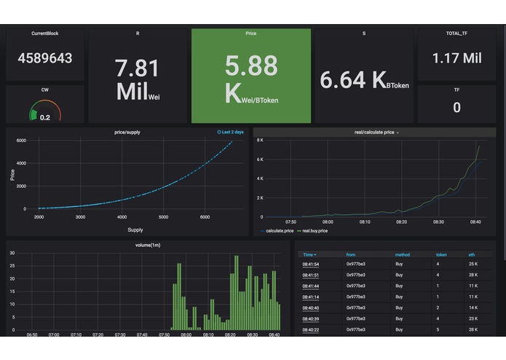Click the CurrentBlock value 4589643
[44, 58]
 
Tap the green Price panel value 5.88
[251, 66]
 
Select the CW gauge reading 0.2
[45, 117]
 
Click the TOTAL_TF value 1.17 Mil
[456, 58]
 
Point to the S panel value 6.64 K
[353, 81]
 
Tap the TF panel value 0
[456, 107]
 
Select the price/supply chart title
[128, 132]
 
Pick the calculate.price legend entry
[278, 230]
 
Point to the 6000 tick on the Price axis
[21, 140]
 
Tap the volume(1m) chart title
[148, 245]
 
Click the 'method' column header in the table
[402, 254]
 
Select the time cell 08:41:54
[311, 263]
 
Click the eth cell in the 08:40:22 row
[473, 330]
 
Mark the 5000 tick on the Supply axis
[163, 217]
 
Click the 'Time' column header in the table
[309, 254]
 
